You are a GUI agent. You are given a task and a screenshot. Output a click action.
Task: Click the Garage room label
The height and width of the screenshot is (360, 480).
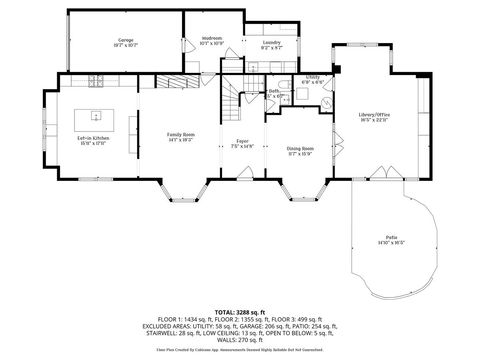124,40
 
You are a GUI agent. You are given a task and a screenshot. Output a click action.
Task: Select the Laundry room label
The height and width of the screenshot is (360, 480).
271,42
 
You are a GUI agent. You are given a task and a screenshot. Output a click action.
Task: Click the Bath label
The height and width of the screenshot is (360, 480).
274,91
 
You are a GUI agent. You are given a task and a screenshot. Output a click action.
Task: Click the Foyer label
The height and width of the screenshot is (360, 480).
242,141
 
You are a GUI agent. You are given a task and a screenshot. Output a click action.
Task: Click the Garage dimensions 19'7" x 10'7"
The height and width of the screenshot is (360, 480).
124,46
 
